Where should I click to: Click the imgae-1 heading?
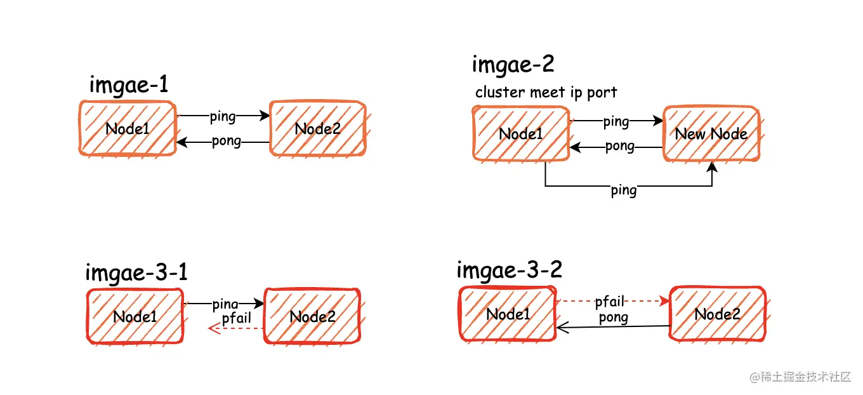point(128,85)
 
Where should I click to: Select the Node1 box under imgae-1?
point(128,128)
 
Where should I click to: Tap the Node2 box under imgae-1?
point(317,128)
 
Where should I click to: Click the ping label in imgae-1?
point(222,116)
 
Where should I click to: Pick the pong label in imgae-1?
point(227,141)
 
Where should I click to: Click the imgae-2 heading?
point(513,64)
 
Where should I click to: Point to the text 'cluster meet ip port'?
point(546,92)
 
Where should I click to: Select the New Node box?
point(711,133)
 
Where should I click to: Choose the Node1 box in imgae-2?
point(520,133)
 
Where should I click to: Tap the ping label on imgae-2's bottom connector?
point(623,190)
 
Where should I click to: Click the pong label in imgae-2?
point(619,147)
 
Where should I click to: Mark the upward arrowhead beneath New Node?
point(712,166)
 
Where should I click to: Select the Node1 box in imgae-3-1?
point(135,316)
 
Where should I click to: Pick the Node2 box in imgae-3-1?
point(312,316)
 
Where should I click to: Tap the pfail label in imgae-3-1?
point(237,318)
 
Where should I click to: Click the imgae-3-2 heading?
point(509,270)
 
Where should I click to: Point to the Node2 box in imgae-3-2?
point(717,314)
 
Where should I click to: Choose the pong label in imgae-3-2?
point(613,318)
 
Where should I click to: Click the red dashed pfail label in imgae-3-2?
point(610,301)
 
